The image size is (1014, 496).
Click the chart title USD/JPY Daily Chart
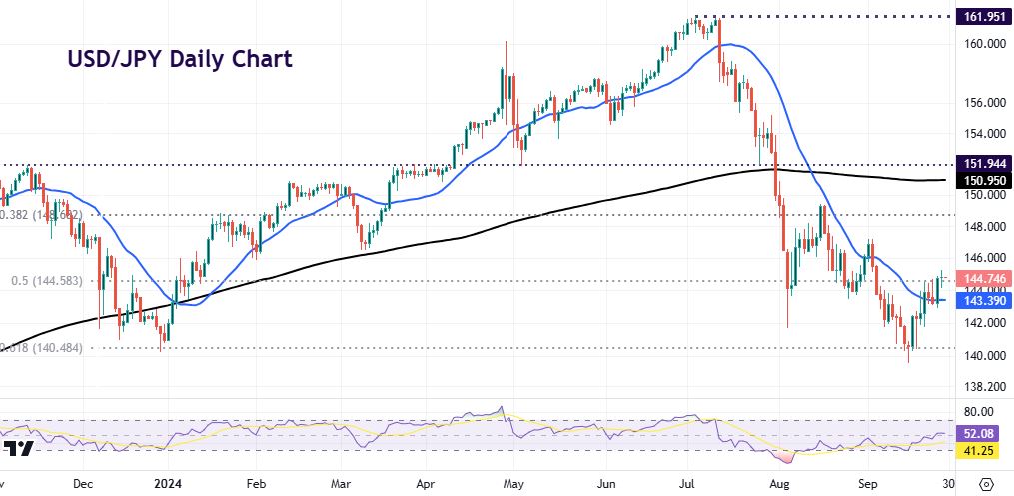click(x=179, y=59)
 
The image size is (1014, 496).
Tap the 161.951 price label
click(x=979, y=17)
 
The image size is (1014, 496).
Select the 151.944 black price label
click(x=979, y=163)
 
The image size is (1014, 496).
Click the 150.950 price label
click(x=979, y=181)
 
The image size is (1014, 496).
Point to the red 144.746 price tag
click(x=979, y=279)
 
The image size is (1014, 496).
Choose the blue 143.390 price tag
click(x=979, y=299)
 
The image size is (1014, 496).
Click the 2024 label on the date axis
click(x=167, y=483)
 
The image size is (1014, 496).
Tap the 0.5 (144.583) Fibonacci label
click(x=47, y=282)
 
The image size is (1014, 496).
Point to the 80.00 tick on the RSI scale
click(x=976, y=411)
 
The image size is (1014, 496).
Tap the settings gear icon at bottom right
click(x=987, y=483)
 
